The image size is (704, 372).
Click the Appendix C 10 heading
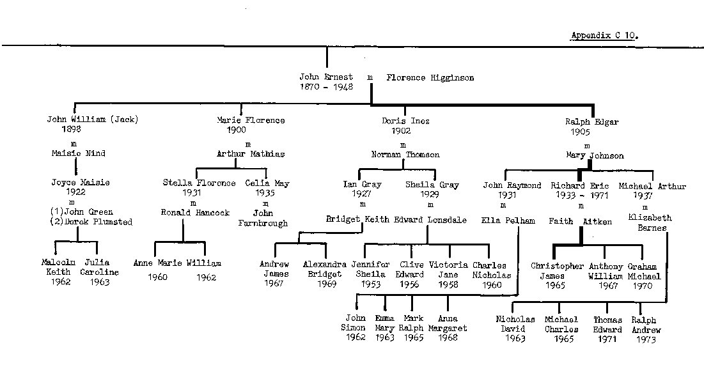(604, 36)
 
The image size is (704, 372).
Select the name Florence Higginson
(430, 78)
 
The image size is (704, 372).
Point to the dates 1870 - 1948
(326, 87)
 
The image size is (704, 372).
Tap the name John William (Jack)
(93, 120)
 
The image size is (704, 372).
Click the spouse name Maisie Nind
(79, 153)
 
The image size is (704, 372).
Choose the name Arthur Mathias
(251, 154)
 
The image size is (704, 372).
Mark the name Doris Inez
(405, 121)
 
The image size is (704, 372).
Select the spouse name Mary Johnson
(595, 155)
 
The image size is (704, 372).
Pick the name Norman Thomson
(405, 155)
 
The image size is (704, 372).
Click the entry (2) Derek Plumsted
(91, 222)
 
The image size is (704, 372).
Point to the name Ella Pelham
(508, 221)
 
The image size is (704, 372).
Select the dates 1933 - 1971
(579, 196)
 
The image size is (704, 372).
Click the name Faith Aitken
(580, 221)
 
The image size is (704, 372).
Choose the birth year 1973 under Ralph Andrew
(646, 339)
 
